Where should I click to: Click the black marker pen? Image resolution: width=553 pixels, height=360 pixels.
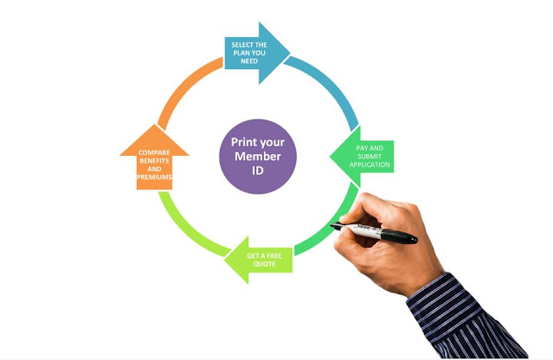381,231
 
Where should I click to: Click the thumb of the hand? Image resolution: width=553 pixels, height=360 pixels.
378,213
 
